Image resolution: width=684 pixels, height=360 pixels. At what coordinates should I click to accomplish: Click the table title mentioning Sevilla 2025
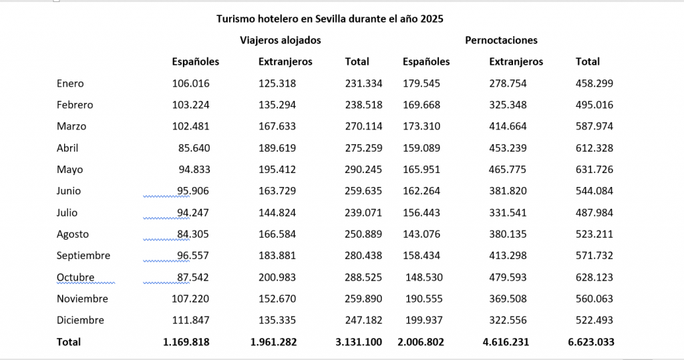[329, 19]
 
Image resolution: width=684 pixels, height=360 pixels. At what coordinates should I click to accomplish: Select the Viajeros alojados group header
[281, 40]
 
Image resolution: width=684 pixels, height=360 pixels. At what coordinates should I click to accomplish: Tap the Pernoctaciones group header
[501, 40]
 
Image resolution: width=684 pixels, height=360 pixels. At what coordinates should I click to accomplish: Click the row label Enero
[70, 83]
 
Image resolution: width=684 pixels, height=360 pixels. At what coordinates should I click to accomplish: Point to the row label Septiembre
[83, 256]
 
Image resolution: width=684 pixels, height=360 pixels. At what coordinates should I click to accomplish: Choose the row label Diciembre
[80, 320]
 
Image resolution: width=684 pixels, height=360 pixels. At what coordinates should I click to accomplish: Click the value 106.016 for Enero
[190, 83]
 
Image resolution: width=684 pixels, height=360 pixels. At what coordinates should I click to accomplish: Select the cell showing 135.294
[277, 105]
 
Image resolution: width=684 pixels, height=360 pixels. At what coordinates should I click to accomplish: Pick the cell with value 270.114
[363, 126]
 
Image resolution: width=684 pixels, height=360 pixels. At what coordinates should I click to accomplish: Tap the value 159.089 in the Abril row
[421, 148]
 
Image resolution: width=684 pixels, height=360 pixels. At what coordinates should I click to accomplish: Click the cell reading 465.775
[508, 170]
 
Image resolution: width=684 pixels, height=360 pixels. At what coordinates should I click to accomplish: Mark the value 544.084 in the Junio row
[594, 191]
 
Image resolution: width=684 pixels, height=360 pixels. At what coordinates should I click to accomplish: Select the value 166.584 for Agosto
[277, 234]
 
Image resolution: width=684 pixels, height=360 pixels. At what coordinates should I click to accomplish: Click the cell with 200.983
[277, 277]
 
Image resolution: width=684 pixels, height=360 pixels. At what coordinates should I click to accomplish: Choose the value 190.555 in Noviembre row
[421, 299]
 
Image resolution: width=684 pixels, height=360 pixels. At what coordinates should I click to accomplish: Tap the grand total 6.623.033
[591, 342]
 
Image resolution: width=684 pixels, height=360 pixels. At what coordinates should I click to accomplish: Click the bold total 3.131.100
[359, 342]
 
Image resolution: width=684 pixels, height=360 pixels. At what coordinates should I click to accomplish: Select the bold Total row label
[69, 342]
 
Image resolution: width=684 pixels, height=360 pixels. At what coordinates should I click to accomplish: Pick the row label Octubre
[75, 277]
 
